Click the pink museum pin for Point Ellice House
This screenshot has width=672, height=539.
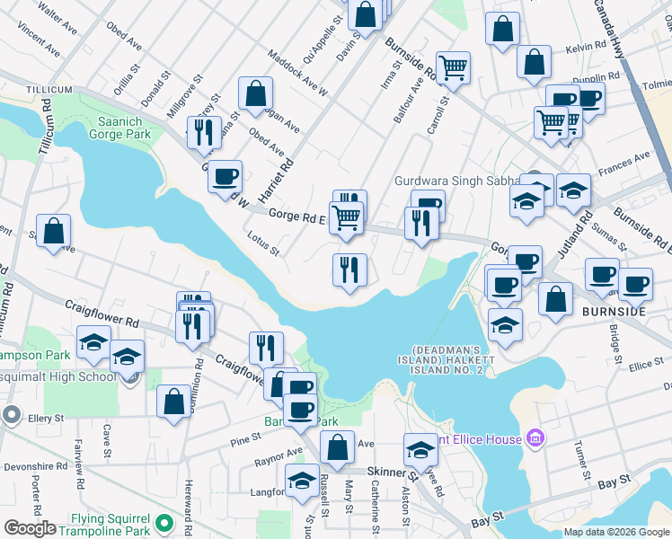tap(535, 438)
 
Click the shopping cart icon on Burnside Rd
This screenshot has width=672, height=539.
tap(454, 66)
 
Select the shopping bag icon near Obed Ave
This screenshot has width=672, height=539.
tap(256, 93)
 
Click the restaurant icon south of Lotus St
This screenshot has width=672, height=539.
tap(349, 269)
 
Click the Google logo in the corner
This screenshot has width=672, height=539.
tap(30, 528)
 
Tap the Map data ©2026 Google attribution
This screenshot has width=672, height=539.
tap(615, 532)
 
